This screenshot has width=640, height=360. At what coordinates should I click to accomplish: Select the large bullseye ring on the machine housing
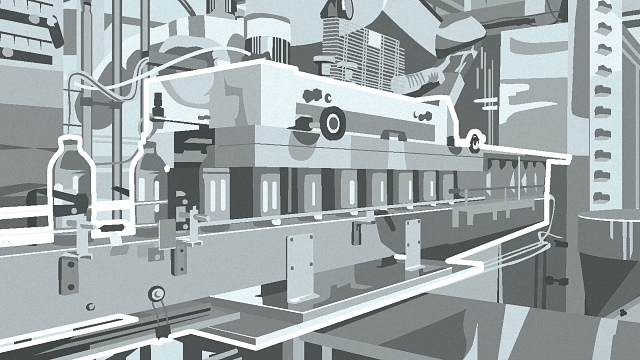click(x=332, y=123)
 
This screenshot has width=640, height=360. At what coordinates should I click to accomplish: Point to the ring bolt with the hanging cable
click(x=155, y=293)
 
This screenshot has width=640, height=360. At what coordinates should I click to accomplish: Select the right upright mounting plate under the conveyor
click(x=412, y=243)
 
